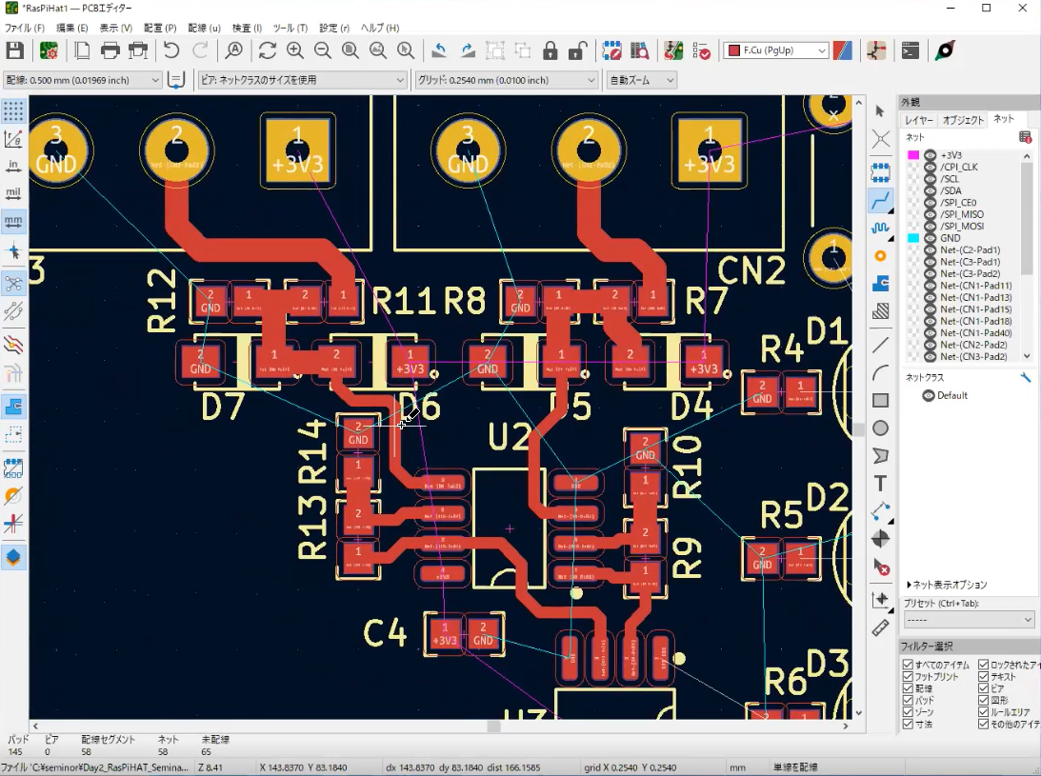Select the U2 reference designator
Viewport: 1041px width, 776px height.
tap(510, 437)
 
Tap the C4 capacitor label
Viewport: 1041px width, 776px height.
tap(386, 632)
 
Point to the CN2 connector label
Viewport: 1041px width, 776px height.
tap(751, 271)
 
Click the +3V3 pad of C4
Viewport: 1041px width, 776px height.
tap(444, 633)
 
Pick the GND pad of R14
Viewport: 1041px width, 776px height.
tap(358, 432)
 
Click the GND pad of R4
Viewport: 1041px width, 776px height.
tap(762, 391)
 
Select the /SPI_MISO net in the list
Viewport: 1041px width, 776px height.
tap(962, 214)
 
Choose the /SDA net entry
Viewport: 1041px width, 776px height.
tap(951, 190)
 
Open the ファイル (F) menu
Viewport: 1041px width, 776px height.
tap(25, 28)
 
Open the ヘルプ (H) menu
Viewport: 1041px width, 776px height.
tap(379, 28)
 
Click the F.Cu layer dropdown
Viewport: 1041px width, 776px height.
tap(776, 50)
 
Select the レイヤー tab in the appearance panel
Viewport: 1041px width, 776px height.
tap(919, 120)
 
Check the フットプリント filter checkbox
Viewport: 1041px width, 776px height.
tap(908, 677)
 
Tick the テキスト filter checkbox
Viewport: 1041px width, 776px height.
tap(984, 677)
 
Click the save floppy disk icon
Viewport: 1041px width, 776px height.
tap(14, 50)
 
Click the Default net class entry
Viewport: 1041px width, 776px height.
tap(951, 395)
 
